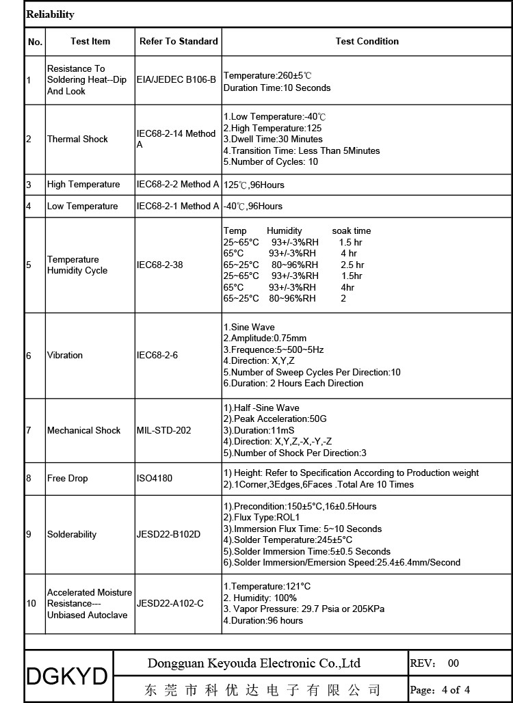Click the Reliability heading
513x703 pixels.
[x=51, y=14]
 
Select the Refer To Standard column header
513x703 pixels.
[x=179, y=42]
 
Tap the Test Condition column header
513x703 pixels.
[x=367, y=42]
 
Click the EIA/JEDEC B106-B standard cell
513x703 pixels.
[x=176, y=80]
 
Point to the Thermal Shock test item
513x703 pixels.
[x=77, y=140]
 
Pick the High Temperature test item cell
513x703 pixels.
[x=83, y=185]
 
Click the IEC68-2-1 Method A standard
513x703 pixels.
[x=178, y=207]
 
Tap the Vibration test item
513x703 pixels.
[x=65, y=356]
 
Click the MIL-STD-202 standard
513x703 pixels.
[x=164, y=431]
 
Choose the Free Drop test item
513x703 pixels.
[x=68, y=479]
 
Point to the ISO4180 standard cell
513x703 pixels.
[x=155, y=479]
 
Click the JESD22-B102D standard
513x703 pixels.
[x=169, y=535]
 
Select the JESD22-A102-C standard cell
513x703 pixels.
[x=170, y=604]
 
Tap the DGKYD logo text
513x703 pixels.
[x=67, y=676]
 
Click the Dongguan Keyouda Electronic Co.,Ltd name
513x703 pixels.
[x=254, y=663]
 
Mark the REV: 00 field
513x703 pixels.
[x=435, y=663]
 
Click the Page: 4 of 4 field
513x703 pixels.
[x=440, y=690]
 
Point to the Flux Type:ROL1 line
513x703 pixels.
[x=263, y=518]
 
